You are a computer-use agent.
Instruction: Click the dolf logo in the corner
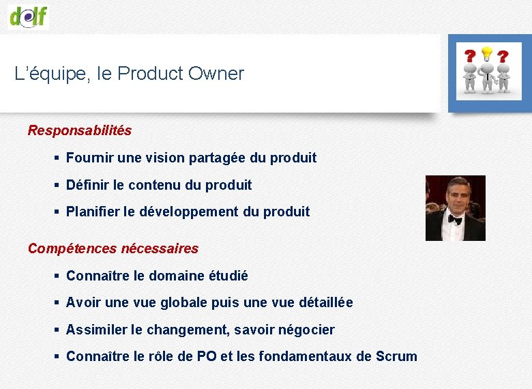29,15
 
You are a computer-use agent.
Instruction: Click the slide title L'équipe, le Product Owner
129,74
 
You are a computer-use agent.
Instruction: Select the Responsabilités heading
79,130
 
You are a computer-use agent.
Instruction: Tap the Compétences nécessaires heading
113,248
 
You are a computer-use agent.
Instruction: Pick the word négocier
306,330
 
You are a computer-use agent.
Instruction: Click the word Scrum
396,356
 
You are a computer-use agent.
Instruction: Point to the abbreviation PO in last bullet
206,356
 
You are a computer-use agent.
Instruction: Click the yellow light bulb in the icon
487,53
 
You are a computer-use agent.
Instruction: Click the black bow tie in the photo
455,220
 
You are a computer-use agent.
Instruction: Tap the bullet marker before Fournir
57,158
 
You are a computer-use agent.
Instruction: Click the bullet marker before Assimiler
57,330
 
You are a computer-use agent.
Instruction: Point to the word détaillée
325,302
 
